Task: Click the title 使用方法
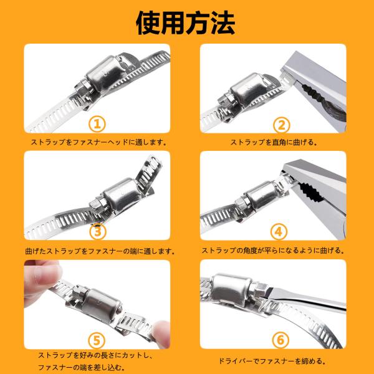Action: [x=186, y=23]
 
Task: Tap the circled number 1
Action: [x=97, y=124]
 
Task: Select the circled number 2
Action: [x=282, y=125]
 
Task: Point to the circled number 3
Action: [x=97, y=232]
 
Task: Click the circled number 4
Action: [x=279, y=232]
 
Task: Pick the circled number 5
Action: [x=97, y=340]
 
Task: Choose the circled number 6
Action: [x=280, y=340]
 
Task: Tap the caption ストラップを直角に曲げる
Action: [x=274, y=142]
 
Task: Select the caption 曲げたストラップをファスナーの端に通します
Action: [x=100, y=251]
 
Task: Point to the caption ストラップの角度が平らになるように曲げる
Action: [x=273, y=251]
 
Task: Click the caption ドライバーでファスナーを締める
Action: [x=272, y=361]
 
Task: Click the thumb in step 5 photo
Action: [x=44, y=274]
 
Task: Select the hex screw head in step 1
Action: [x=84, y=88]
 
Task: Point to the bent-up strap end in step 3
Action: [x=149, y=172]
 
